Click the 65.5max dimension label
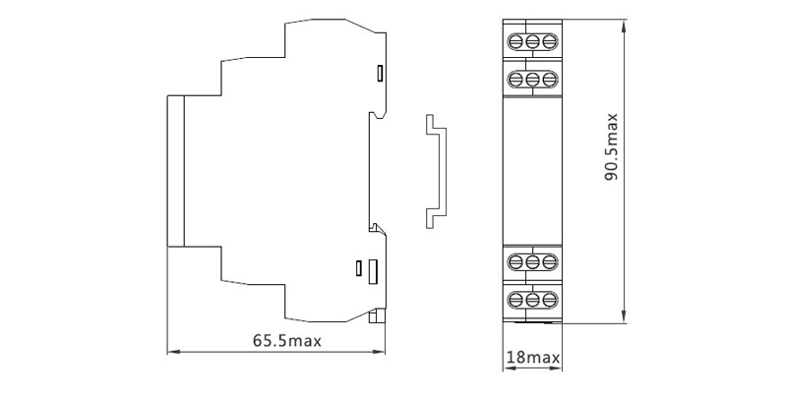(286, 341)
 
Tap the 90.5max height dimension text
(611, 146)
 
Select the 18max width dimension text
(532, 358)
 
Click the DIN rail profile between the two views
(436, 171)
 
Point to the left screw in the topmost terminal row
(515, 41)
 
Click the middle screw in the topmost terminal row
(532, 41)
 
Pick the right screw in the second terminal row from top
(550, 80)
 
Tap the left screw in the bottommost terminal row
(515, 300)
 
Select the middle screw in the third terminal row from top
(532, 261)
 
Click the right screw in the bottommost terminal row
(550, 300)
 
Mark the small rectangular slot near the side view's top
(381, 73)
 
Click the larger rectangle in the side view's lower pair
(373, 271)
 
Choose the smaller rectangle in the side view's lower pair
(358, 268)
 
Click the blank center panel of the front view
(532, 170)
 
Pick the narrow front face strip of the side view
(176, 171)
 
